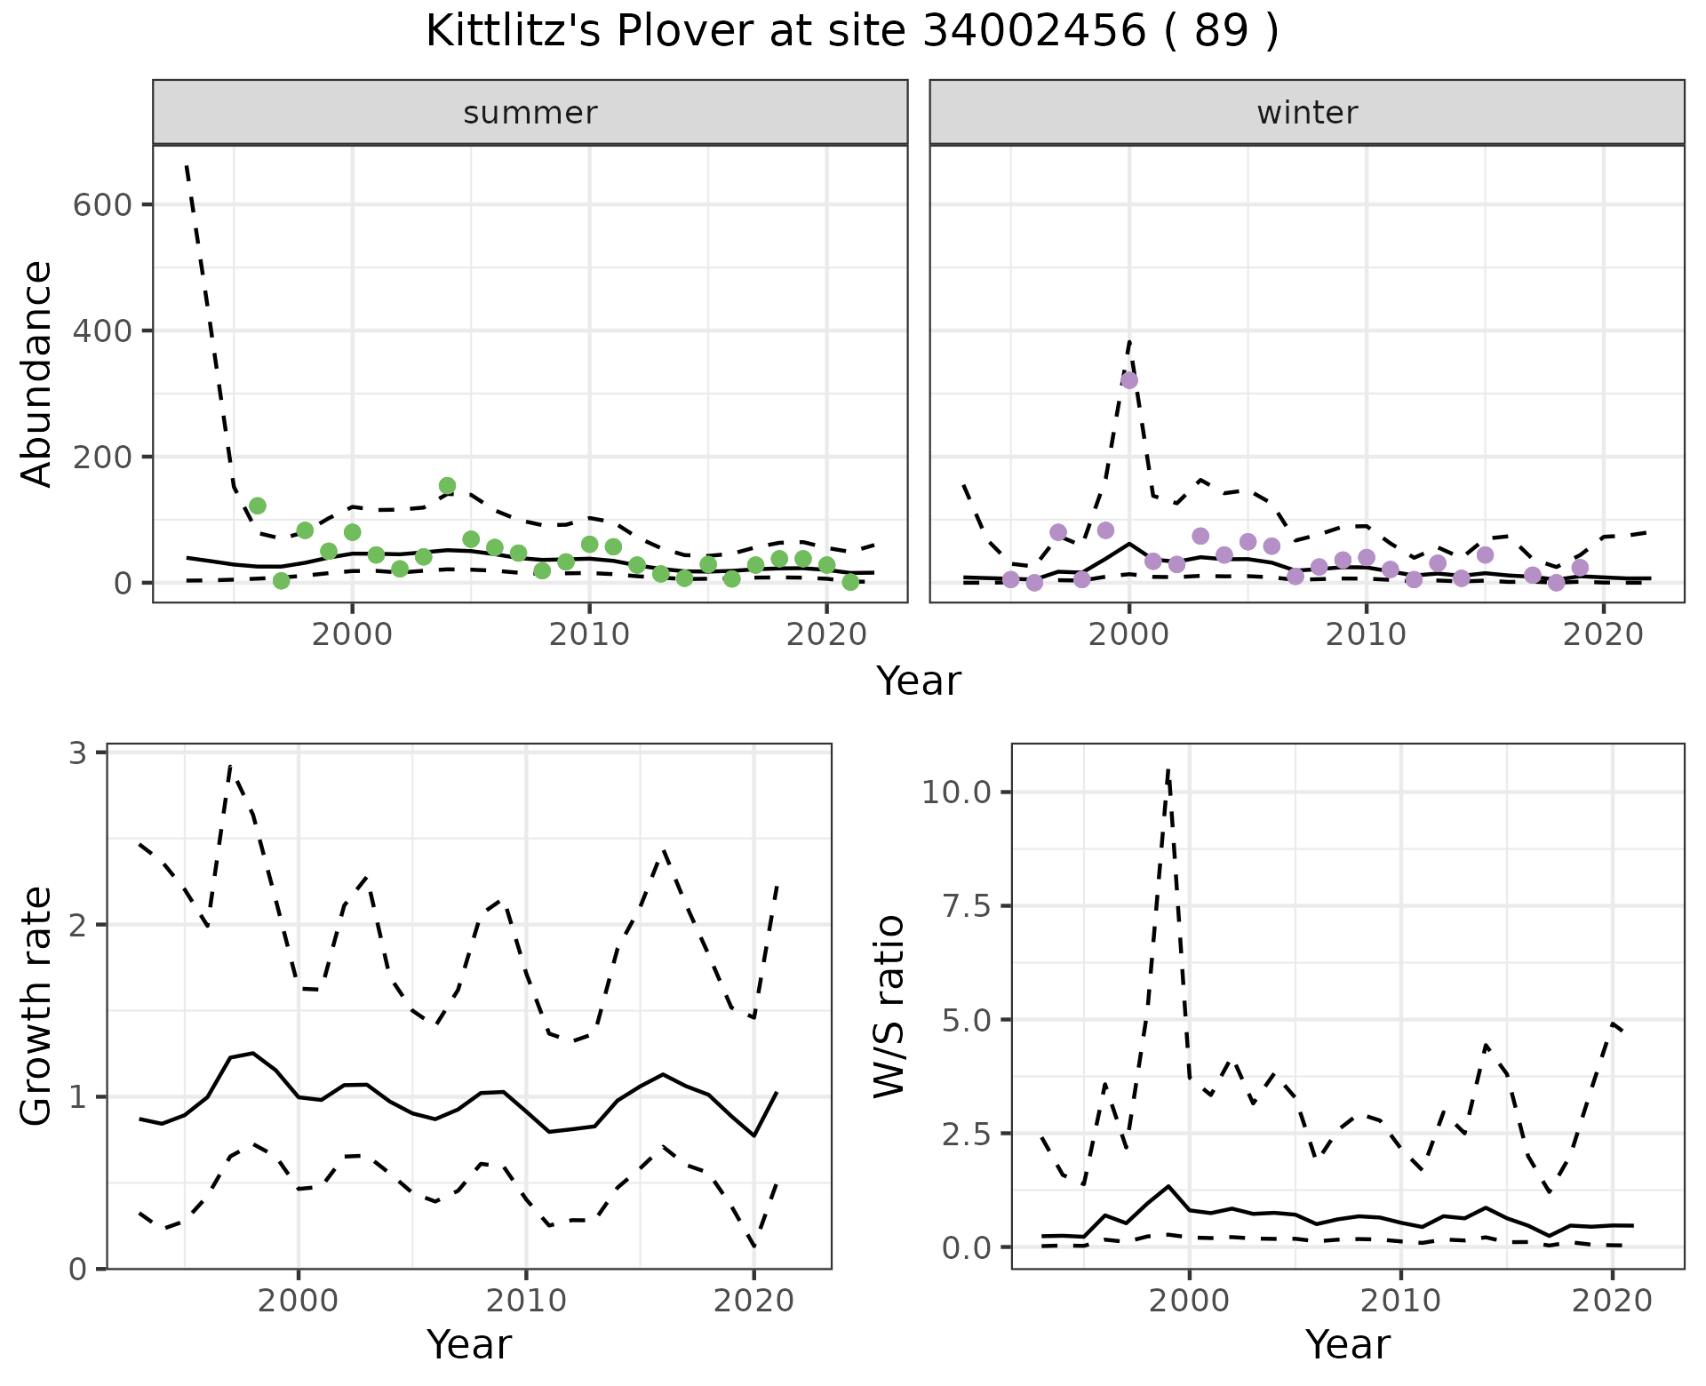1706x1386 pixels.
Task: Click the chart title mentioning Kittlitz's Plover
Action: (852, 33)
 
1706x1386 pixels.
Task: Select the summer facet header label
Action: (530, 113)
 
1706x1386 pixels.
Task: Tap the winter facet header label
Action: (1307, 113)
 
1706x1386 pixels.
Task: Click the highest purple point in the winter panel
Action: (1129, 380)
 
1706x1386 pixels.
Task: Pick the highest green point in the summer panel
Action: (447, 486)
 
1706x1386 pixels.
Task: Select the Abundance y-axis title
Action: (37, 373)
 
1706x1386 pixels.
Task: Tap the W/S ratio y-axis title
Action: (889, 1006)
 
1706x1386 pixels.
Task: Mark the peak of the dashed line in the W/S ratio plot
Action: (1168, 769)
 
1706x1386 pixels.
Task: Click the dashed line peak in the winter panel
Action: (1129, 339)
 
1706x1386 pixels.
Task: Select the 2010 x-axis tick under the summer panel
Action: (589, 635)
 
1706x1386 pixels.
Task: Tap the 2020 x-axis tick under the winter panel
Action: (1603, 635)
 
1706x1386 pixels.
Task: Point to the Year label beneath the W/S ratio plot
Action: (1347, 1344)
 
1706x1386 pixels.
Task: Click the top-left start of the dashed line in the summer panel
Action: (187, 165)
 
